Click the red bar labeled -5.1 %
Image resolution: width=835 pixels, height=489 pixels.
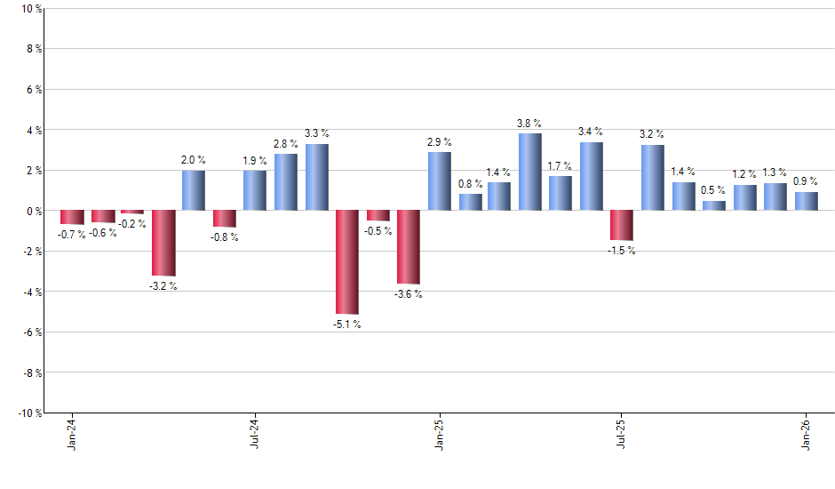[x=346, y=262]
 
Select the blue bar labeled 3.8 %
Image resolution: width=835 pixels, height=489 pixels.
[x=530, y=172]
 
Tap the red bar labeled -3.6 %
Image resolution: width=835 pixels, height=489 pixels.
[x=408, y=247]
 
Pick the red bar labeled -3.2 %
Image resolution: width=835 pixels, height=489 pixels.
[x=163, y=243]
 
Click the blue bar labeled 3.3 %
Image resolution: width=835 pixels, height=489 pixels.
[x=316, y=177]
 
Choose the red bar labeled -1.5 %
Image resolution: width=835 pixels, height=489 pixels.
[x=622, y=226]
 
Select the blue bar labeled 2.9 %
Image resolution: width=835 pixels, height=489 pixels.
[x=439, y=181]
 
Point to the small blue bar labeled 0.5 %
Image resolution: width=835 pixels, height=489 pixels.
[x=713, y=205]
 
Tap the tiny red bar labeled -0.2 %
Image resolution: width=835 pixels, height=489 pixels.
[x=132, y=212]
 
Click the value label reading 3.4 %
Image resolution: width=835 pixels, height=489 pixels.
[x=591, y=132]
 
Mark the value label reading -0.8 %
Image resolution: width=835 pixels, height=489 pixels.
[x=224, y=237]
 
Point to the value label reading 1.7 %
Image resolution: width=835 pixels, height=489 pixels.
[x=561, y=166]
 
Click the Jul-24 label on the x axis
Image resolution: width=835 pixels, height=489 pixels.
[x=255, y=435]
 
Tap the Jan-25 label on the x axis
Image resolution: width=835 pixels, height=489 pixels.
[x=439, y=435]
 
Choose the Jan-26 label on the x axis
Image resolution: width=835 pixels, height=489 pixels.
[x=806, y=435]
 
